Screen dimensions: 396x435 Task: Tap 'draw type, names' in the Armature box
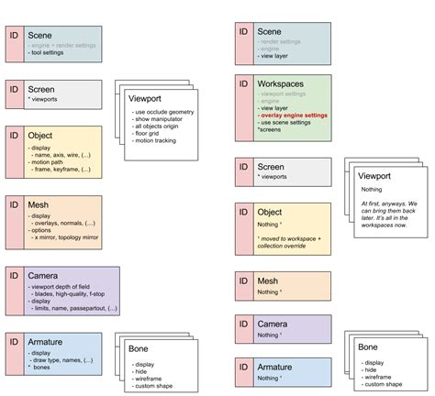62,360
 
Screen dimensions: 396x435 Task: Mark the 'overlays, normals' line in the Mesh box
66,223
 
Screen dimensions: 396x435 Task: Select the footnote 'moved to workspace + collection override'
291,245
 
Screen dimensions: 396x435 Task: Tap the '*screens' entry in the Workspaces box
270,130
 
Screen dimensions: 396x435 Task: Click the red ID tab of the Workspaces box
242,105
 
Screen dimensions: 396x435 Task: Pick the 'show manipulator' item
160,118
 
